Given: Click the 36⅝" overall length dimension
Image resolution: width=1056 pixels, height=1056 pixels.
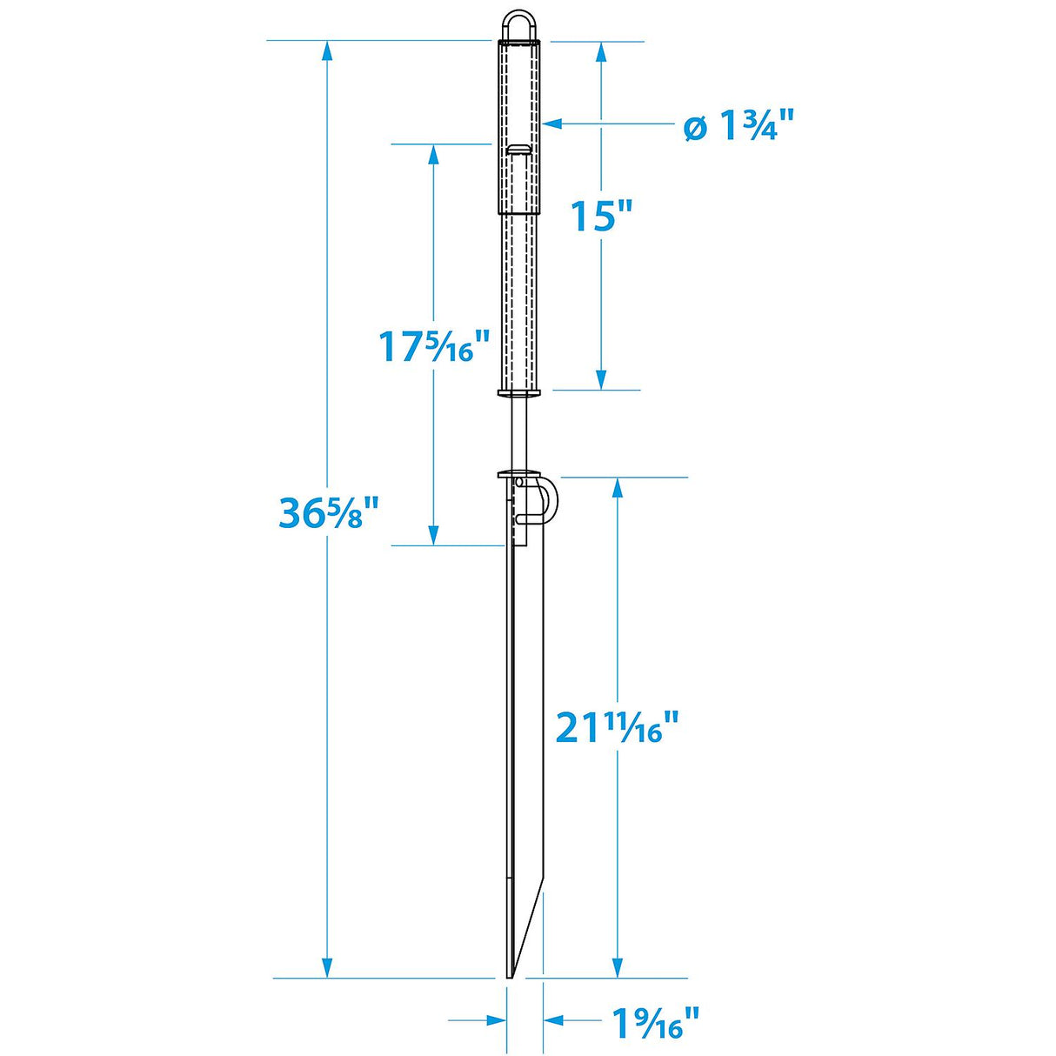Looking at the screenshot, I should pos(329,513).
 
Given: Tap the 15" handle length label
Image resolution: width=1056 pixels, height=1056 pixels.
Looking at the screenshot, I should pos(600,215).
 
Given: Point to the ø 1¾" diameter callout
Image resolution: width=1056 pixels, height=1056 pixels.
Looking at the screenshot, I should pos(739,127).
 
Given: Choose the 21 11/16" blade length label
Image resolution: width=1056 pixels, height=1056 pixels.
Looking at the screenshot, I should pos(616,727).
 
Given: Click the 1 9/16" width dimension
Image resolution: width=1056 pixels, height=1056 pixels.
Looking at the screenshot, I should pos(655,1023).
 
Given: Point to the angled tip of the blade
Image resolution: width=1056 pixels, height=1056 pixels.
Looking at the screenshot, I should pos(525,935).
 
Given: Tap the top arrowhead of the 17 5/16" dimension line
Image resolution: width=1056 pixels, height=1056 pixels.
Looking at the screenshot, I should pos(433,155).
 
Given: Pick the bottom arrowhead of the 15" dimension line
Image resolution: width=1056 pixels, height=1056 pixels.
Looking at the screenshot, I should pos(600,379).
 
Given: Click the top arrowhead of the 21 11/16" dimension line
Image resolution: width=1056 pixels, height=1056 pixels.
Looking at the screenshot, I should pos(617,489).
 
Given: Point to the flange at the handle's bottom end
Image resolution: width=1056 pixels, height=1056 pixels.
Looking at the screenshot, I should pos(520,393).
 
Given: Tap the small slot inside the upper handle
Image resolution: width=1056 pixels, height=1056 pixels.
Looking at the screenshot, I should pos(519,150).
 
